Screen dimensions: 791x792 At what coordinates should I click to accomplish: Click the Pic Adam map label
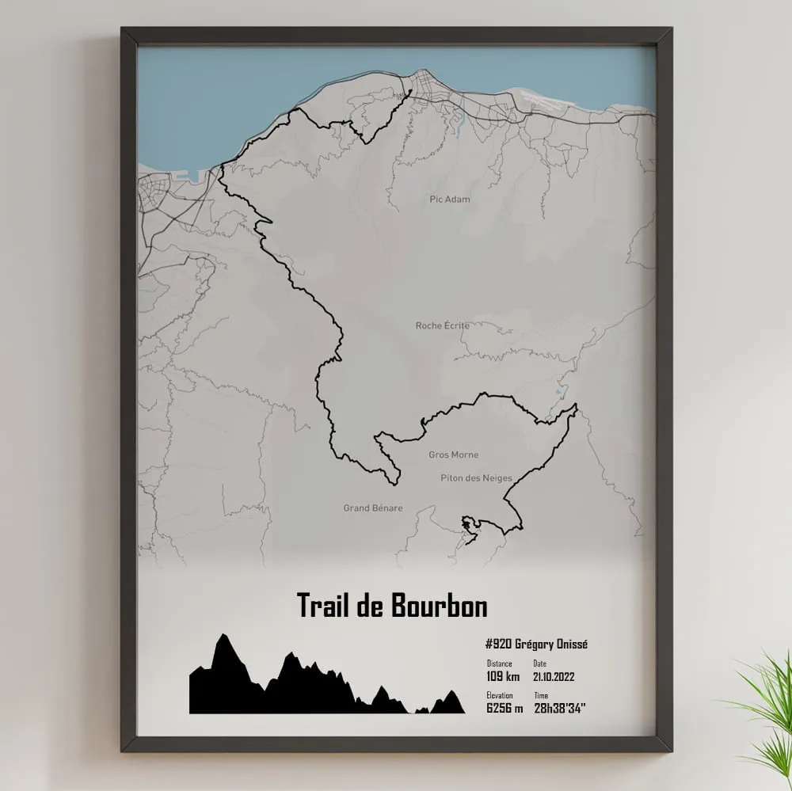[x=449, y=200]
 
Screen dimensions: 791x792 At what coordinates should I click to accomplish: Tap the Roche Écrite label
[x=443, y=325]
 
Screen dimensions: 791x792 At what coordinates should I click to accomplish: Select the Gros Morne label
[x=453, y=455]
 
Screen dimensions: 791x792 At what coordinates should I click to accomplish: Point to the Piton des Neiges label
[x=477, y=478]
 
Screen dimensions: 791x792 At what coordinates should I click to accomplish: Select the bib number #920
[x=498, y=644]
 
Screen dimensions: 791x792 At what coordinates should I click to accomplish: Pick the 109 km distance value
[x=503, y=677]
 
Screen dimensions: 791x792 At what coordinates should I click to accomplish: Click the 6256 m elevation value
[x=505, y=708]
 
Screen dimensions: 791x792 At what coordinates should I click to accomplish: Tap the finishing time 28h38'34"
[x=561, y=708]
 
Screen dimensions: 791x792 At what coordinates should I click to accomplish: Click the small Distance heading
[x=500, y=664]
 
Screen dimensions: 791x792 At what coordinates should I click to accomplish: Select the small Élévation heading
[x=501, y=695]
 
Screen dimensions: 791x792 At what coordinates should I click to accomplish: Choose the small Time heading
[x=541, y=695]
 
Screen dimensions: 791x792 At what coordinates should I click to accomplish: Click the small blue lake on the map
[x=561, y=391]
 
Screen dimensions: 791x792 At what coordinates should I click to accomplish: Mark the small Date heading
[x=540, y=664]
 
